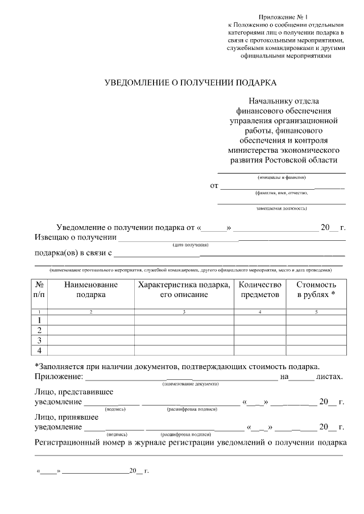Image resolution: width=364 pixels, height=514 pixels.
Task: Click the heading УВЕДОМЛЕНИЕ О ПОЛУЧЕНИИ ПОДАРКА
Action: coord(190,83)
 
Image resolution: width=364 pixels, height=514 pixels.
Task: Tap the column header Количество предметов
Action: coord(260,290)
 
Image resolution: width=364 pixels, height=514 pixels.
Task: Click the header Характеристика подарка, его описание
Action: coord(184,290)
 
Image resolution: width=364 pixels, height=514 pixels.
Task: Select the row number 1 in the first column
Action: coord(39,320)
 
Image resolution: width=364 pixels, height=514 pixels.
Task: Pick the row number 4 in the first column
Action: coord(39,350)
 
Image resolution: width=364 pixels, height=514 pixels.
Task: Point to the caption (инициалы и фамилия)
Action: coord(282,178)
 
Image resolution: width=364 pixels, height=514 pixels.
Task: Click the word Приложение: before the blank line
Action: coord(59,377)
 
